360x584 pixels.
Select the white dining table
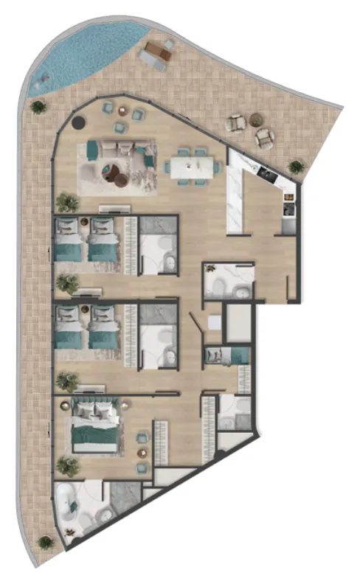tap(193, 164)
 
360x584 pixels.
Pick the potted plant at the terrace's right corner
tap(296, 167)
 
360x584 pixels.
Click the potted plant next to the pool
tap(38, 107)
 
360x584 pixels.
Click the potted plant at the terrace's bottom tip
tap(46, 543)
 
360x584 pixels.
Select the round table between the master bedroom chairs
tap(141, 439)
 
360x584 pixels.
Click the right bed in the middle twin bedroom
tap(104, 333)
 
